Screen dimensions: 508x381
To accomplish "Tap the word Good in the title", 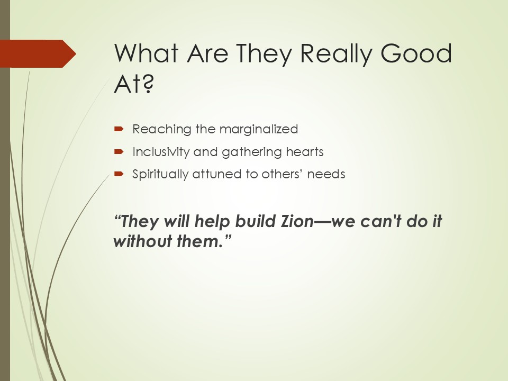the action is click(416, 53).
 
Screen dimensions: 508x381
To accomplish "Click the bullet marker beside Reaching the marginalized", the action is click(119, 129).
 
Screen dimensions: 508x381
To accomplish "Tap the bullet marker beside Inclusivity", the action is click(119, 152).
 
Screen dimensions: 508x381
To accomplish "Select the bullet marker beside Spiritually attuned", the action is click(119, 174).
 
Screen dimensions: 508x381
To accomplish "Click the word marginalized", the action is click(259, 130).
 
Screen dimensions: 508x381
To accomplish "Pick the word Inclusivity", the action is click(161, 152).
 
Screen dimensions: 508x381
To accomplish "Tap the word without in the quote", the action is click(142, 241).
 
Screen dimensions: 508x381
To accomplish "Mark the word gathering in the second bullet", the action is click(248, 152).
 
